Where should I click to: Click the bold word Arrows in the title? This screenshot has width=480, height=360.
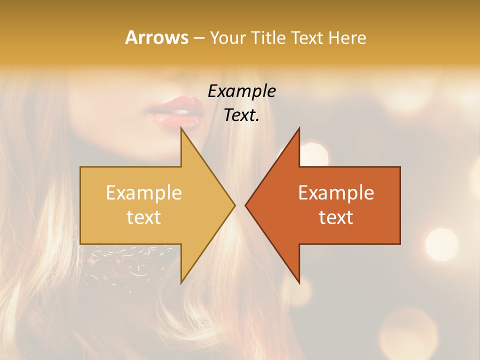coord(156,37)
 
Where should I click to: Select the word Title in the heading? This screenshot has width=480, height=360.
coord(267,38)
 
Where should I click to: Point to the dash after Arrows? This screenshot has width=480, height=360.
coord(198,38)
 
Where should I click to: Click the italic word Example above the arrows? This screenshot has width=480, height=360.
coord(241,91)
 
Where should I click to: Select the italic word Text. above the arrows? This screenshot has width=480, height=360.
coord(241,115)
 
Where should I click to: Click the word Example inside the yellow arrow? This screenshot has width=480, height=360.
coord(143,193)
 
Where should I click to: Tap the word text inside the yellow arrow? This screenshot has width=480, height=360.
coord(143,217)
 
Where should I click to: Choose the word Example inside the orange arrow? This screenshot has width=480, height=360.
coord(336,193)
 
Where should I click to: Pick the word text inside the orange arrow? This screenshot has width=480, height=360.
coord(336,217)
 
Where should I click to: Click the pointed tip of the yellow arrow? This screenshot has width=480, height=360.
coord(234,205)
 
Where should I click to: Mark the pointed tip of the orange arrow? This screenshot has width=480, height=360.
coord(246,205)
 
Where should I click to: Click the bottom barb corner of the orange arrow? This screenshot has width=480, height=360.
coord(299,283)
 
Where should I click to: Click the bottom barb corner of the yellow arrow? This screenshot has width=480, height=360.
coord(181,283)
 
